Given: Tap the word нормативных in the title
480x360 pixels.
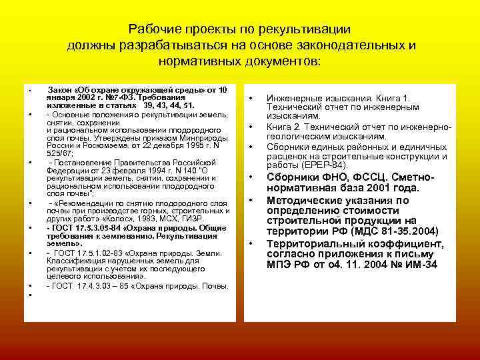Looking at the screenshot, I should click(x=193, y=62).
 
